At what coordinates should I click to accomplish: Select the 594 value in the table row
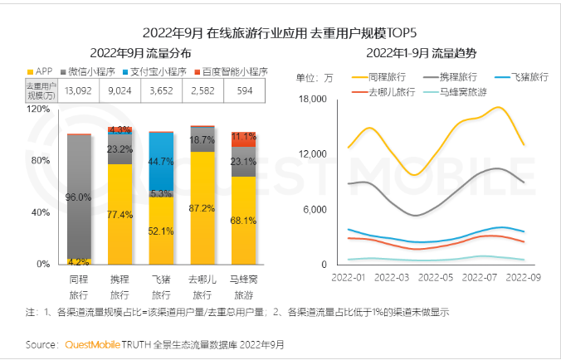(244, 89)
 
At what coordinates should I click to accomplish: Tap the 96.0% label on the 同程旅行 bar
(79, 197)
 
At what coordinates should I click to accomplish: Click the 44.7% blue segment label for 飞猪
(161, 161)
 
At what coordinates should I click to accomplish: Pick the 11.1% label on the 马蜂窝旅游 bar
(243, 136)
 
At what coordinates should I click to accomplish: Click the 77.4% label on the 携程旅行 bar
(120, 214)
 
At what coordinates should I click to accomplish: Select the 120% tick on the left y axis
(38, 108)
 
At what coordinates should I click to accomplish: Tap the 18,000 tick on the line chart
(313, 100)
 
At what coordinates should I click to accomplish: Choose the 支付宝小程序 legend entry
(151, 71)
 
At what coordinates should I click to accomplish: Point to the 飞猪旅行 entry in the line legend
(527, 76)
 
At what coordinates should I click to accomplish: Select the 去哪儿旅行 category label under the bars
(202, 287)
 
